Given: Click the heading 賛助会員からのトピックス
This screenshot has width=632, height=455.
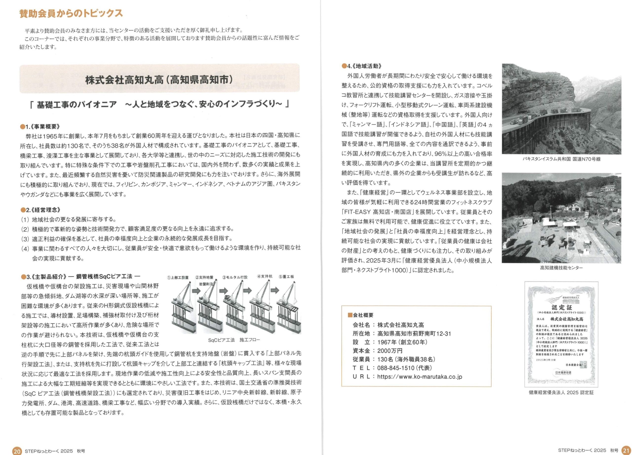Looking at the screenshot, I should click(x=71, y=13).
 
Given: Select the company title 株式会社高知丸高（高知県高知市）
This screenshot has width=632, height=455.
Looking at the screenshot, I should click(x=159, y=80).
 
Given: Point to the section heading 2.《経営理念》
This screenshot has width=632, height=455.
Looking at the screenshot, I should click(x=41, y=210).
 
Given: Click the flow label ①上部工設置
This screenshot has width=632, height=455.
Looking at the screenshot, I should click(x=178, y=277).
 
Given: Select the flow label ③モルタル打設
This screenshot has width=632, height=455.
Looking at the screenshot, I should click(x=235, y=277).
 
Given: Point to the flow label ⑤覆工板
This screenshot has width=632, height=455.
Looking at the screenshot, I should click(x=286, y=277).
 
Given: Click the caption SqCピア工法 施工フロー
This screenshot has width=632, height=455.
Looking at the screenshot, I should click(x=234, y=340).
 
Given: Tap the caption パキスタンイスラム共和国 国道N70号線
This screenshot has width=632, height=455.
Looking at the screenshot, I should click(x=561, y=159).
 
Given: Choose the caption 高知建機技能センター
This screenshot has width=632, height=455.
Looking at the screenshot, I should click(x=561, y=268).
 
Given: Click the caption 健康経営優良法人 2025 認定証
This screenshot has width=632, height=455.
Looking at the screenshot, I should click(x=561, y=392).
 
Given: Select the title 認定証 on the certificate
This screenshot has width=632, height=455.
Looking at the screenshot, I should click(x=561, y=307).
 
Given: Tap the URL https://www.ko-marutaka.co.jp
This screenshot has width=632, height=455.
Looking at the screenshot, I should click(x=419, y=377).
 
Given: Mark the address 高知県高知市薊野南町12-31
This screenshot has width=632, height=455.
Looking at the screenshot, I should click(x=414, y=334).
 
